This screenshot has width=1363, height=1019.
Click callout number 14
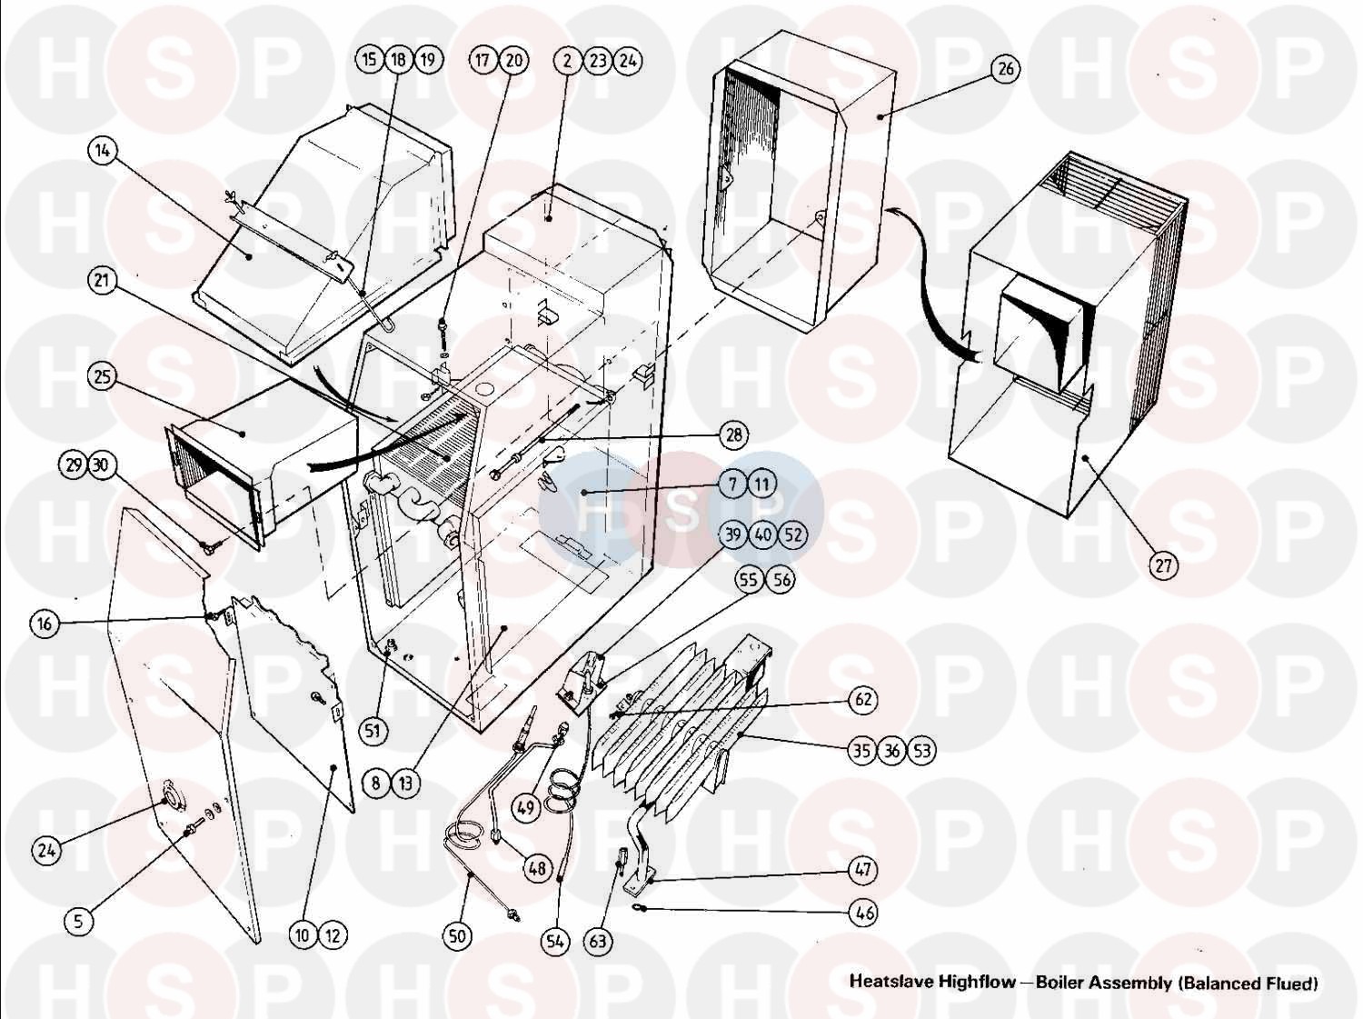(x=103, y=151)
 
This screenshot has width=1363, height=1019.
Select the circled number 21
(x=102, y=280)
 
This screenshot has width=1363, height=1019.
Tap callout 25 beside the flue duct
(x=103, y=375)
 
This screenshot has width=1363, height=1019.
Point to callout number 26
(x=1005, y=69)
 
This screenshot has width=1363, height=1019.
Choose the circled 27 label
(x=1164, y=565)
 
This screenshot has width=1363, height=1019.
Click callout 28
(x=733, y=435)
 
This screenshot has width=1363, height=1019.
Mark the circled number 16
(x=45, y=624)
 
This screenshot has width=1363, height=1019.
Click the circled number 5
(x=78, y=921)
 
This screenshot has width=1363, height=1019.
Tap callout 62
(x=863, y=699)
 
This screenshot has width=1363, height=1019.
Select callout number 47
(x=863, y=870)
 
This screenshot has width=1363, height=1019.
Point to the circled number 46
(x=863, y=912)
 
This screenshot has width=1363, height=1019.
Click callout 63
(x=597, y=941)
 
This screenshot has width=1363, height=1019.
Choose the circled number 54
(x=555, y=942)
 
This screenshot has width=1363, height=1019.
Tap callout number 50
(x=459, y=934)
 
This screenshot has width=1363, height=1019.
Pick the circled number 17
(x=483, y=61)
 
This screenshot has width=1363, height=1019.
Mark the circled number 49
(x=525, y=807)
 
